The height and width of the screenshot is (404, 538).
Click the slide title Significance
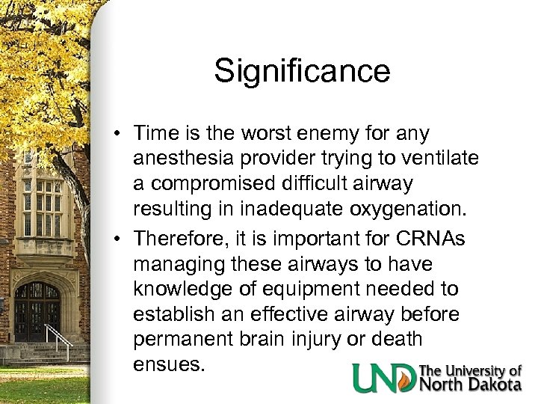(302, 72)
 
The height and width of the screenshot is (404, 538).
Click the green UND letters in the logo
(384, 378)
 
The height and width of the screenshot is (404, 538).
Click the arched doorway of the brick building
(37, 310)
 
